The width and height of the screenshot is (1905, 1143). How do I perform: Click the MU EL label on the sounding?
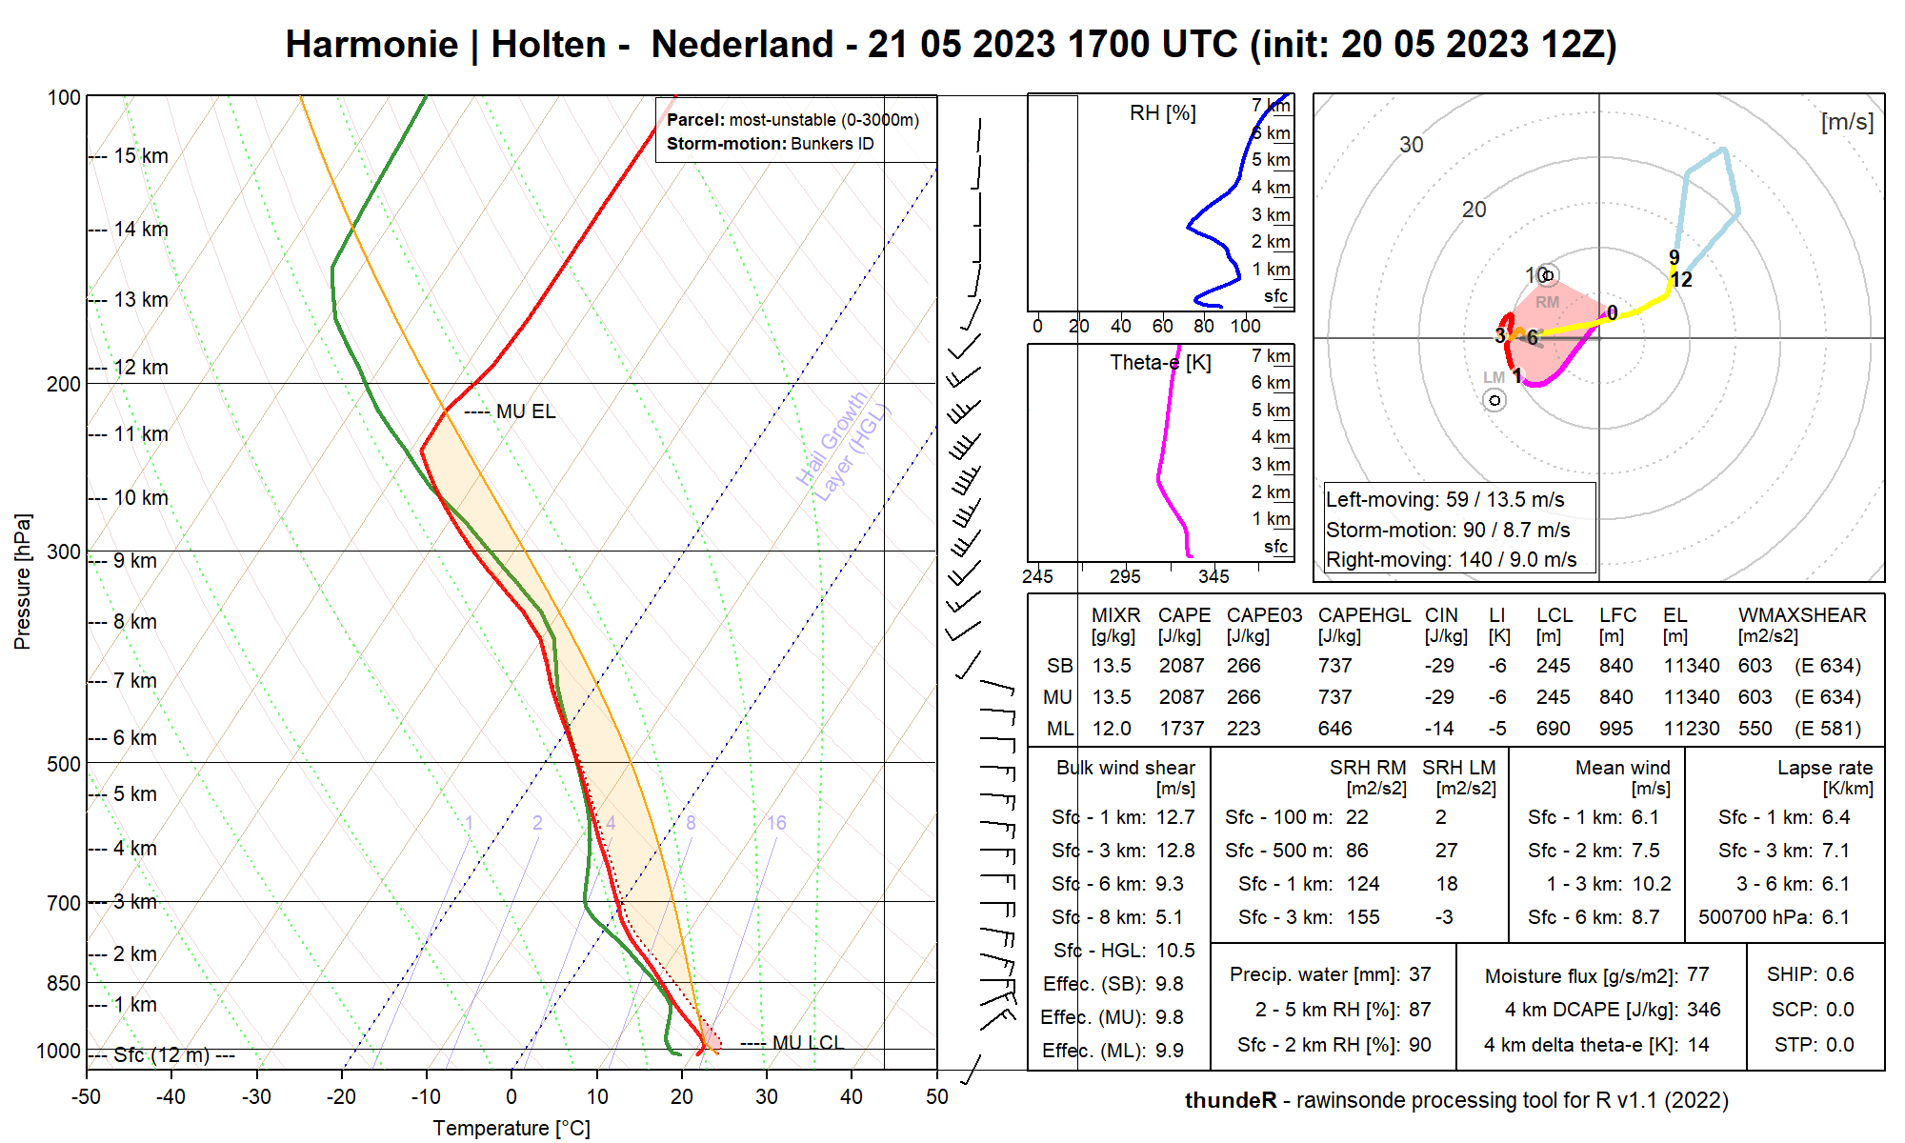(x=525, y=411)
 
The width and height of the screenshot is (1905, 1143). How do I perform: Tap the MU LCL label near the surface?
(x=808, y=1042)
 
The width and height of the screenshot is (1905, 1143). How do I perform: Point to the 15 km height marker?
(x=141, y=156)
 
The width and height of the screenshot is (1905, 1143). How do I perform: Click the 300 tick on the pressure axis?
(x=64, y=552)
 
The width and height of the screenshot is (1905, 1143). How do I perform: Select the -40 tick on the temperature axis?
(x=171, y=1096)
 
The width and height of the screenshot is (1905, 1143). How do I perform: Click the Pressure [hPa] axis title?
(x=23, y=581)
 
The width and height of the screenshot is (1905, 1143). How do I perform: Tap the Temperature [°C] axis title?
(x=511, y=1128)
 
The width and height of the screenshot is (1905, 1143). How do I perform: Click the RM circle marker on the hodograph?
(x=1548, y=276)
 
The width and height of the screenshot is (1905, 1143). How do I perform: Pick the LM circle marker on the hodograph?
(x=1494, y=400)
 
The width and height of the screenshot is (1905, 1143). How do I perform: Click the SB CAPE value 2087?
(x=1181, y=666)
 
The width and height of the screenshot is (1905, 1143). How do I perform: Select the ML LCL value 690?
(x=1553, y=729)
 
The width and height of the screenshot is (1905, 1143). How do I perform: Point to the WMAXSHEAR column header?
(x=1801, y=615)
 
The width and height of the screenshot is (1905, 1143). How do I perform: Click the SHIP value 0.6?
(x=1839, y=974)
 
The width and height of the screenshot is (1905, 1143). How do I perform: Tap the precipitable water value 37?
(x=1420, y=974)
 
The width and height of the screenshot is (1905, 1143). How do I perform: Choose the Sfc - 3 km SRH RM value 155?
(x=1363, y=917)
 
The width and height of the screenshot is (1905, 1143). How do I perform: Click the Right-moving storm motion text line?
(x=1451, y=560)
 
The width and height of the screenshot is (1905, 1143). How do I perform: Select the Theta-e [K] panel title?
(x=1160, y=363)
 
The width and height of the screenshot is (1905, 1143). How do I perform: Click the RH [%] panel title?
(x=1162, y=113)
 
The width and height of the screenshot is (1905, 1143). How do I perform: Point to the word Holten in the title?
(x=549, y=45)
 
